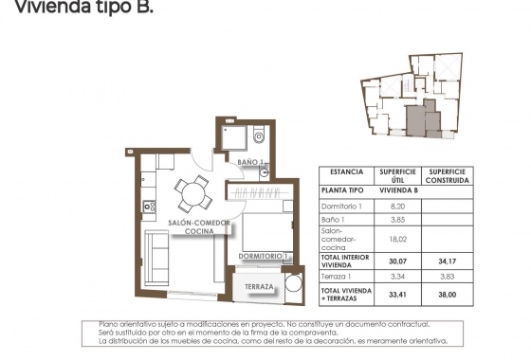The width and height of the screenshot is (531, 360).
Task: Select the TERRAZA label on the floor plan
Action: pyautogui.click(x=259, y=287)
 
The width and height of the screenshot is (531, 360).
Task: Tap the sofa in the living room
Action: pyautogui.click(x=156, y=251)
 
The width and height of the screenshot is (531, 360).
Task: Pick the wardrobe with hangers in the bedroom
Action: pyautogui.click(x=256, y=192)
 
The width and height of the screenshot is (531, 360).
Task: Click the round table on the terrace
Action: pyautogui.click(x=291, y=284)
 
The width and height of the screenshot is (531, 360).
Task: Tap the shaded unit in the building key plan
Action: pyautogui.click(x=416, y=120)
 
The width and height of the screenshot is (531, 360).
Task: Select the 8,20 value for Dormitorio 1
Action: pyautogui.click(x=398, y=206)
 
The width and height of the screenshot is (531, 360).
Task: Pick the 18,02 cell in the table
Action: pyautogui.click(x=398, y=240)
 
